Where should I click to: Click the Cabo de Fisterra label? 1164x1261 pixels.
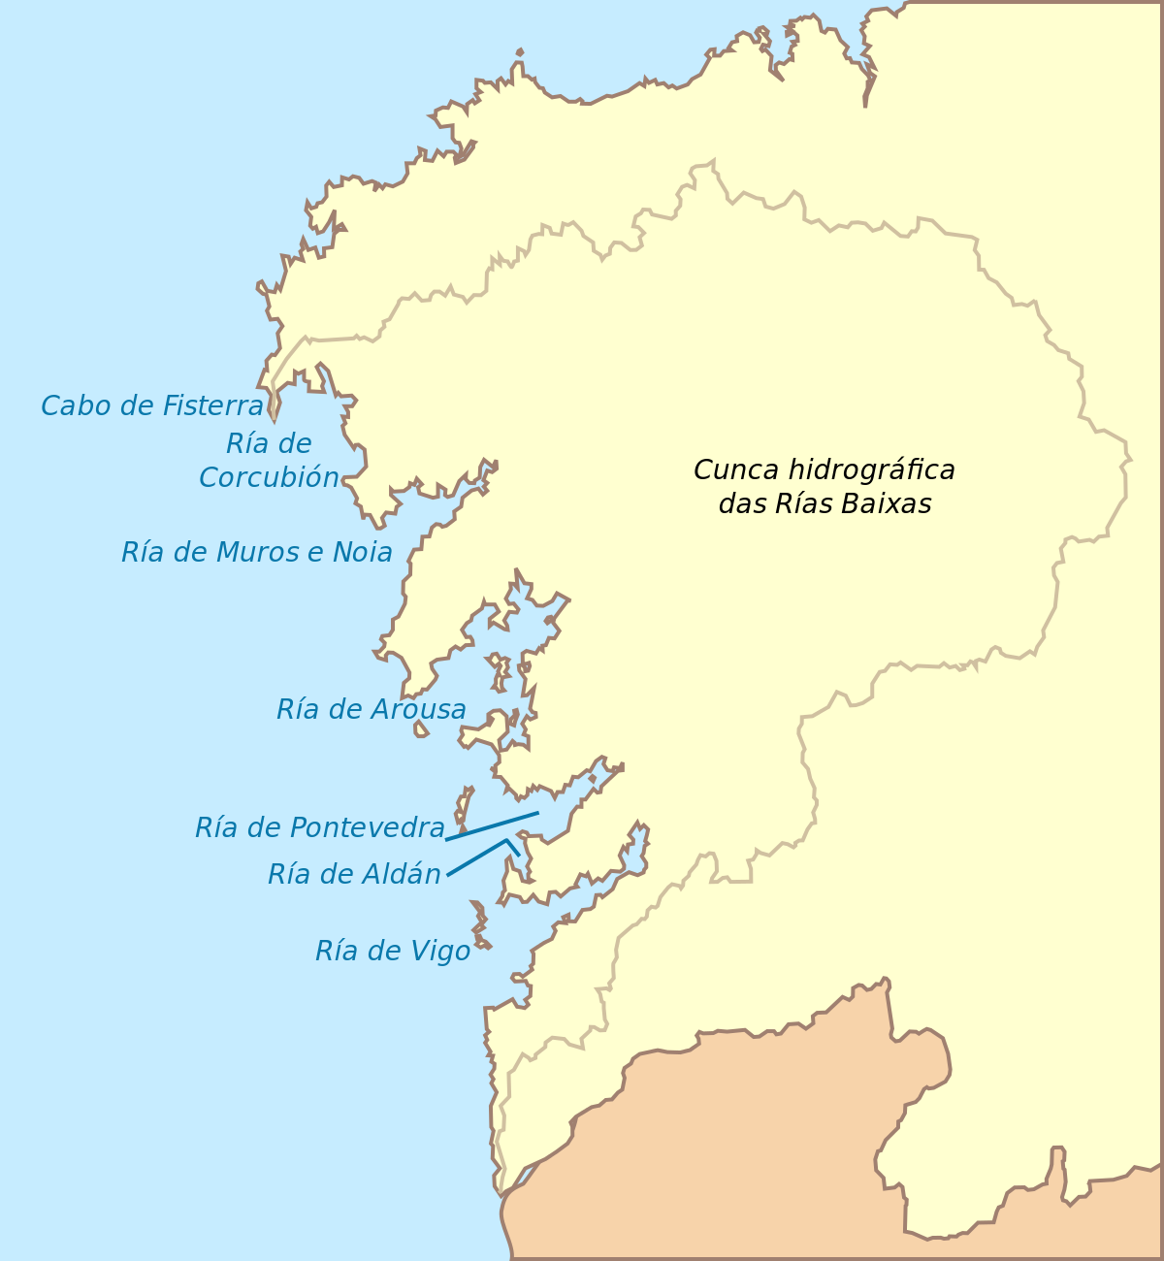click(x=152, y=405)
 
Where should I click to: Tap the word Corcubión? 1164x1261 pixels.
click(x=269, y=477)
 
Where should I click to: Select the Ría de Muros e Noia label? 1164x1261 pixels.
click(x=257, y=552)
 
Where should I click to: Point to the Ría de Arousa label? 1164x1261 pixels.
click(x=371, y=709)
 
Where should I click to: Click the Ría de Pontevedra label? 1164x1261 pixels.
click(x=319, y=827)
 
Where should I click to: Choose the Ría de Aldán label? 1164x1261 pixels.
click(x=354, y=874)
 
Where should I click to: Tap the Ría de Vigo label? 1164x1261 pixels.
click(x=393, y=951)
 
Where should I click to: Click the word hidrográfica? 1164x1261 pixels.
click(x=870, y=470)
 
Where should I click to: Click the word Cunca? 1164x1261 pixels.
click(x=735, y=470)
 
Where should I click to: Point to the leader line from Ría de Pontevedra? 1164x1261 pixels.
click(x=492, y=825)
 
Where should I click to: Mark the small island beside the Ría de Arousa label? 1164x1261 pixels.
click(x=421, y=728)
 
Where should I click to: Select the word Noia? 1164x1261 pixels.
click(x=362, y=552)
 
